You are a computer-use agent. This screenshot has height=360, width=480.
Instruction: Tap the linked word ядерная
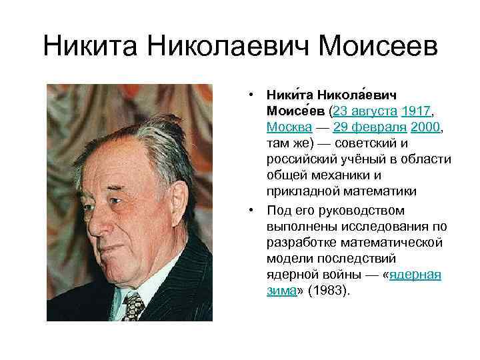[415, 275]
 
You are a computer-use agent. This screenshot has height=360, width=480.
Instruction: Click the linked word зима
[281, 291]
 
